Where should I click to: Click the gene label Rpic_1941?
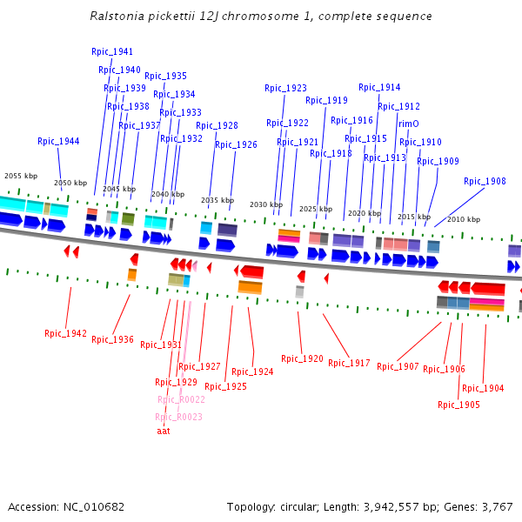112,51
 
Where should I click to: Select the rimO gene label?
409,124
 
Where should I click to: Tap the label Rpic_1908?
485,181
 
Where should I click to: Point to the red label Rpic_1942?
66,333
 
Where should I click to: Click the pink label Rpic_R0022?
181,399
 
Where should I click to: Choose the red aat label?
164,430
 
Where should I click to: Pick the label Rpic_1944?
58,141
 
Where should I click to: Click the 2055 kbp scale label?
21,176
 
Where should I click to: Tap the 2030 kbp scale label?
266,204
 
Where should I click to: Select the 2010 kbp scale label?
464,219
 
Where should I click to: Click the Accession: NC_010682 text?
66,506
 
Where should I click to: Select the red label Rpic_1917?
349,363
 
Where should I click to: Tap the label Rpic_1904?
483,388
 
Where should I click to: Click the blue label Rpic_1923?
285,88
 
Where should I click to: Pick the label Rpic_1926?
236,144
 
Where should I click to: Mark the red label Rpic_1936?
112,339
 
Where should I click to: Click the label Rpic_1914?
379,87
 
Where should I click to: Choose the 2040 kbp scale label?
168,194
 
